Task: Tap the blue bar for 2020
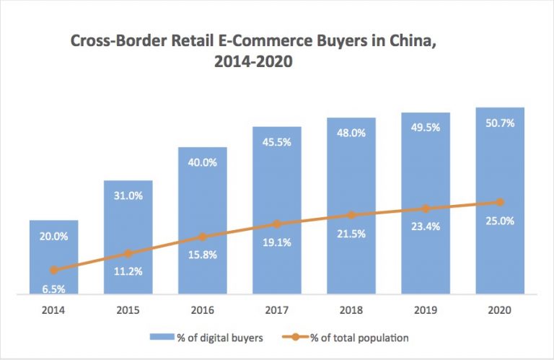(x=499, y=159)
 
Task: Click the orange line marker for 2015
(x=128, y=253)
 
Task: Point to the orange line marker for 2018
(x=351, y=215)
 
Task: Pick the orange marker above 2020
(x=499, y=202)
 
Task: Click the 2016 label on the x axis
(x=202, y=310)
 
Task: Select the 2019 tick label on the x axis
(x=425, y=310)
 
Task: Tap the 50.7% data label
(x=499, y=123)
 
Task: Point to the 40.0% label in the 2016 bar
(x=202, y=162)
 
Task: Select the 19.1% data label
(x=276, y=242)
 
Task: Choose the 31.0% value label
(x=128, y=196)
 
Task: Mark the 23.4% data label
(x=425, y=226)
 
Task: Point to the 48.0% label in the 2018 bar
(x=351, y=133)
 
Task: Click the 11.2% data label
(x=128, y=272)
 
